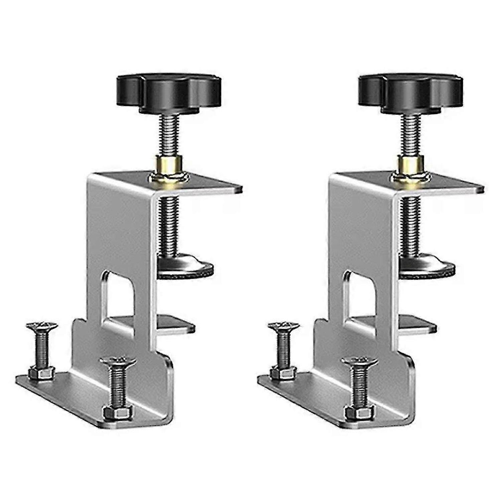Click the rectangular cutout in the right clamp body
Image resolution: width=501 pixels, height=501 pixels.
click(360, 294)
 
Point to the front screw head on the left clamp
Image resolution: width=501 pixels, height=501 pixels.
click(118, 362)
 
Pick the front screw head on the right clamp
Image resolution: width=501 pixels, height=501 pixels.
click(359, 362)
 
